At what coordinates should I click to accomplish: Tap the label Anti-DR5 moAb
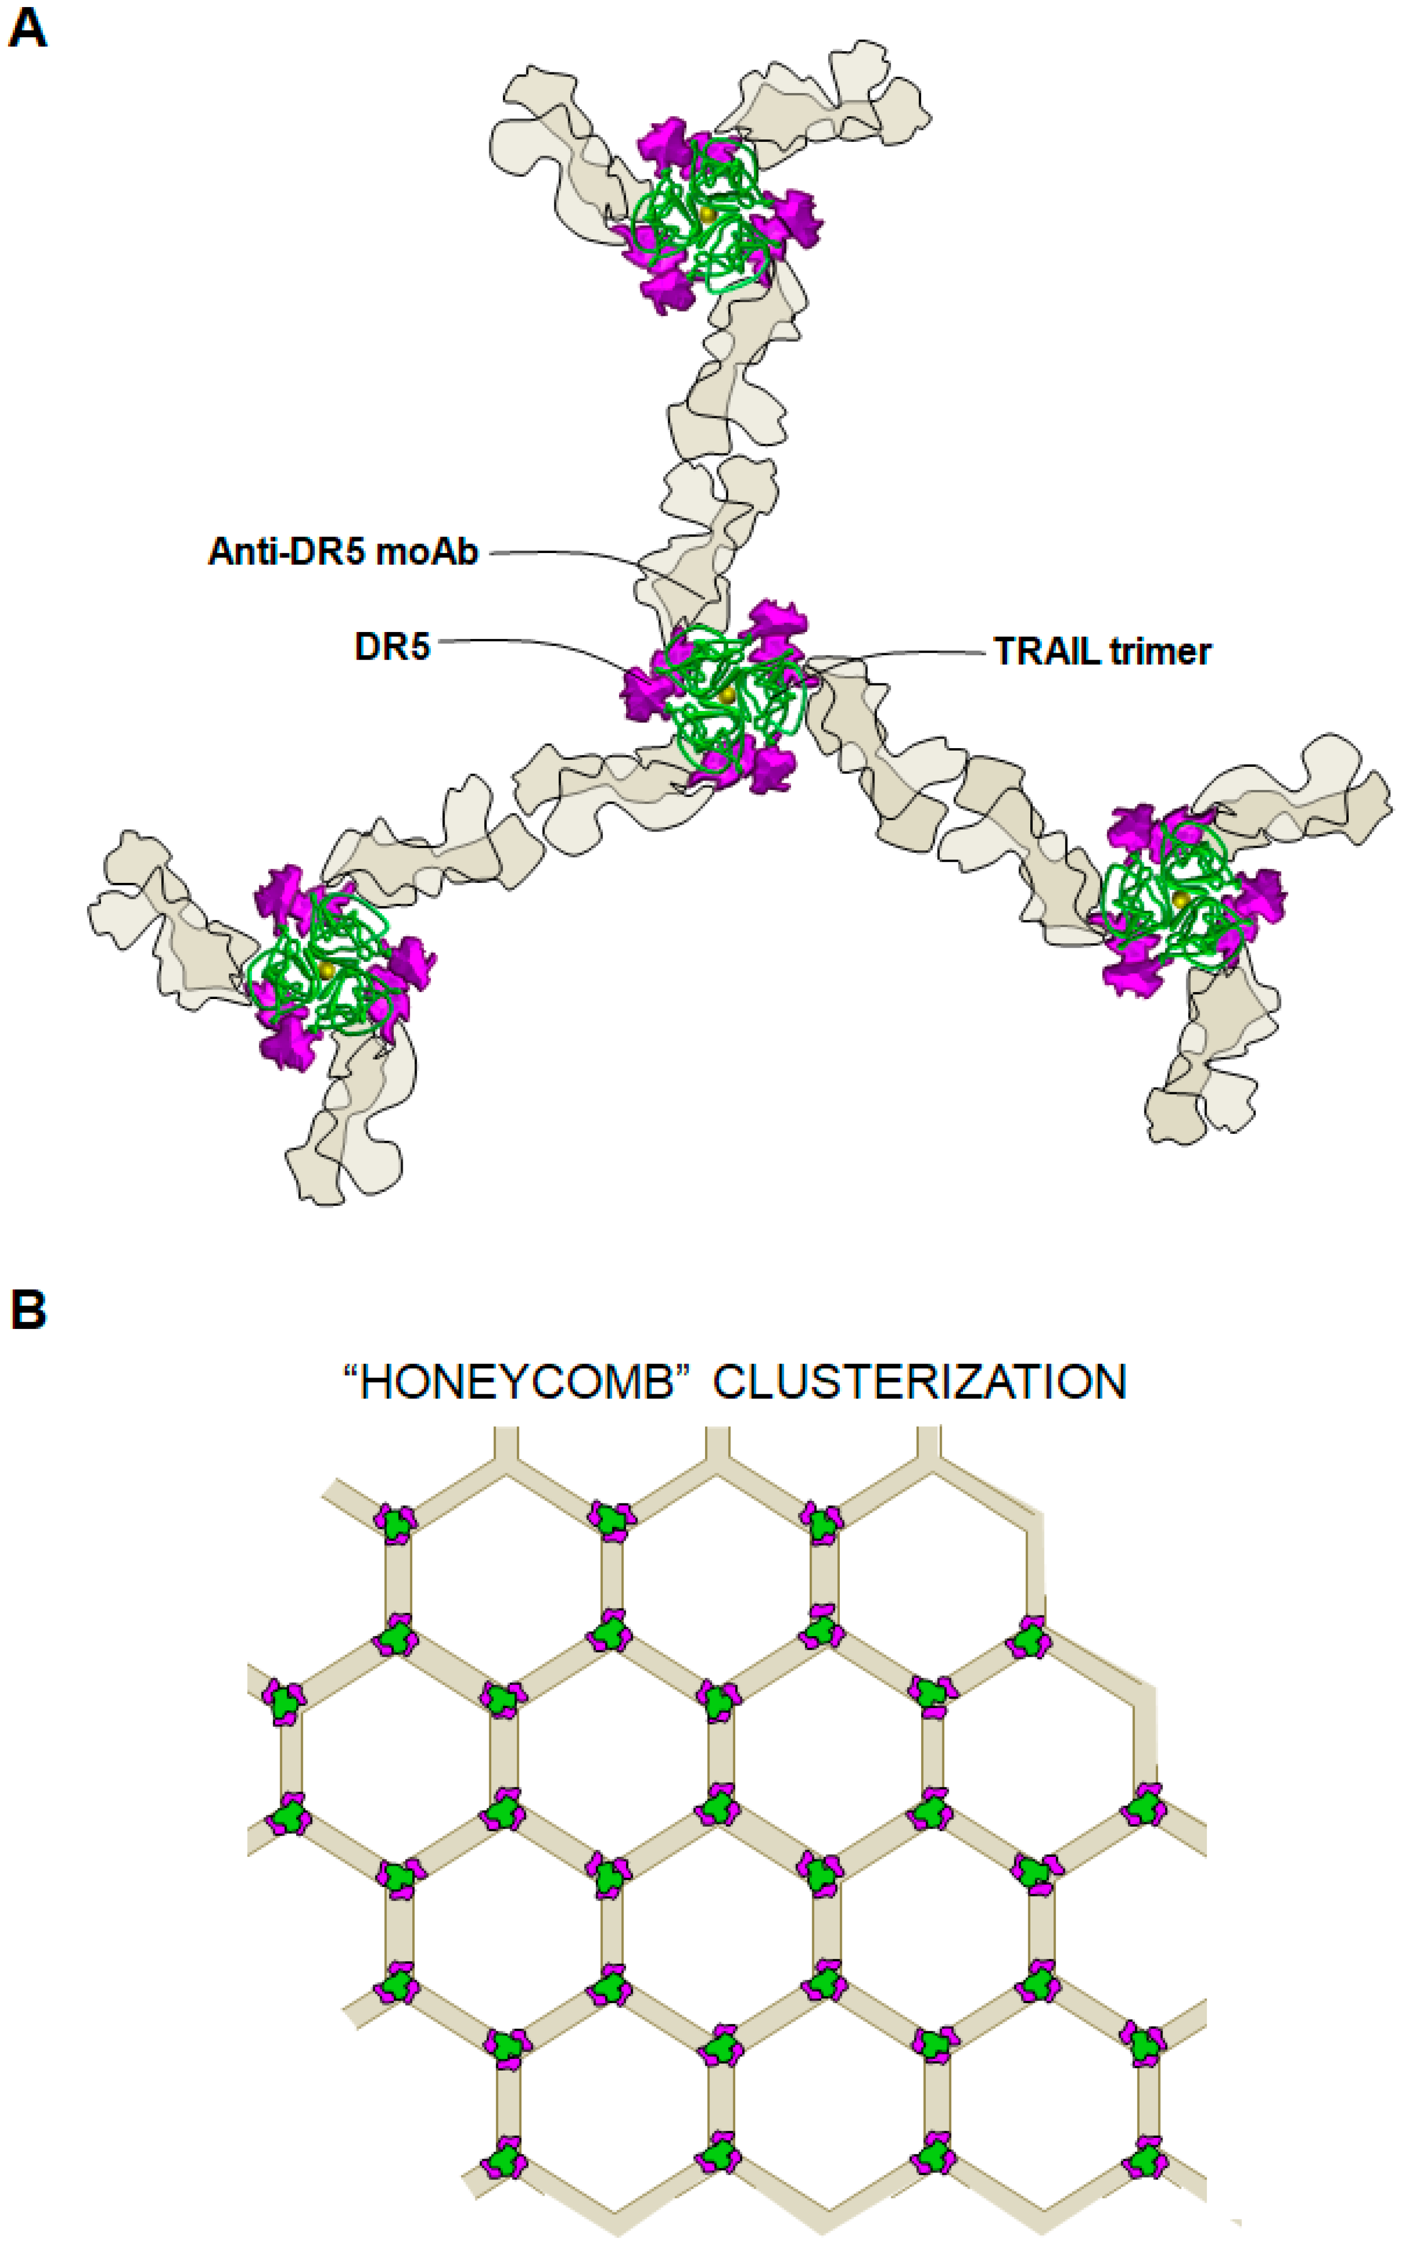342,552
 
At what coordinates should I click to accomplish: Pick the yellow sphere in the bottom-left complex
326,969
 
